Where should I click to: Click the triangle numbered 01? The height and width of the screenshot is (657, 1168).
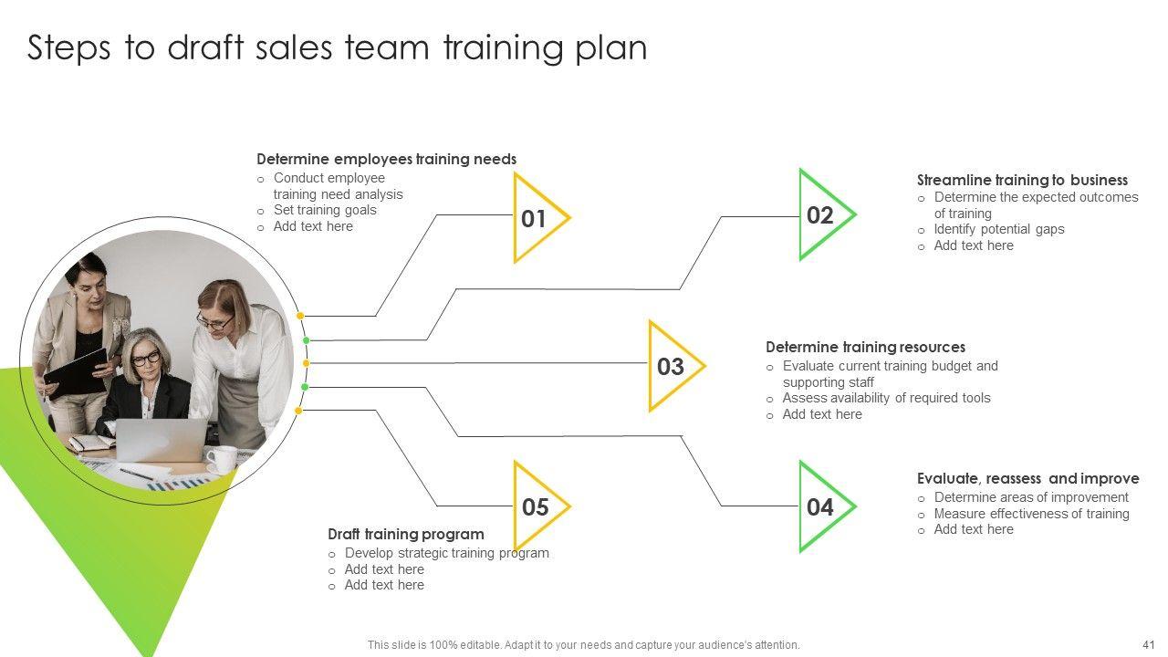click(x=537, y=219)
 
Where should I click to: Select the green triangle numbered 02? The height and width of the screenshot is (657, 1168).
click(x=822, y=215)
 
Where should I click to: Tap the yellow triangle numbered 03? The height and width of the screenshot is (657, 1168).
click(x=672, y=367)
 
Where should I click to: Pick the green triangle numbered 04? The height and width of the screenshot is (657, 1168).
click(x=822, y=507)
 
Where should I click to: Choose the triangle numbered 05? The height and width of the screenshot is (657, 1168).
click(x=537, y=507)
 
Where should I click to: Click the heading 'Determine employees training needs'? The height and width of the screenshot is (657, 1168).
click(x=386, y=160)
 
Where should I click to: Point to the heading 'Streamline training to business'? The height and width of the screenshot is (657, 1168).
click(x=1022, y=181)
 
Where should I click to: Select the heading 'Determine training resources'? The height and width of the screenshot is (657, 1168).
click(x=865, y=348)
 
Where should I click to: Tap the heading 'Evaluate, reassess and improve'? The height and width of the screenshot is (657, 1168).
click(x=1027, y=479)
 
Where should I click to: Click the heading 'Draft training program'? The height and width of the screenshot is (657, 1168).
click(x=405, y=535)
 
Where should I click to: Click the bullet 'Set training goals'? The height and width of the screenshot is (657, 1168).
click(x=325, y=210)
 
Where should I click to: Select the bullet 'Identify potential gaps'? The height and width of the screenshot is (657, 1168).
click(x=999, y=230)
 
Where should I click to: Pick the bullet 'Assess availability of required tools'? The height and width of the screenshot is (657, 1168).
click(x=886, y=398)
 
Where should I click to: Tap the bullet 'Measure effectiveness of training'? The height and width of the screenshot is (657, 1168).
click(x=1031, y=514)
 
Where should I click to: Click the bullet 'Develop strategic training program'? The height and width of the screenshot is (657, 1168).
click(x=446, y=553)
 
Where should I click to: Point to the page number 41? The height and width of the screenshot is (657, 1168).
click(x=1148, y=644)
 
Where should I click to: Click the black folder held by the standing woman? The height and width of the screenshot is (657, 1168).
click(x=75, y=370)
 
